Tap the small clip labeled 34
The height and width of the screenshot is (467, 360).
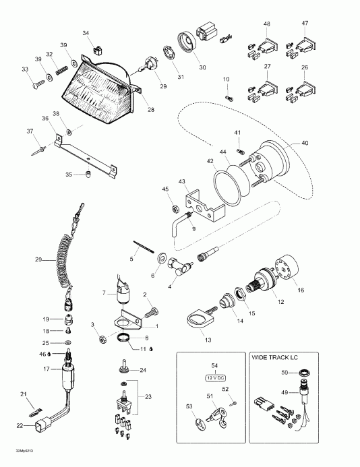pos(97,47)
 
